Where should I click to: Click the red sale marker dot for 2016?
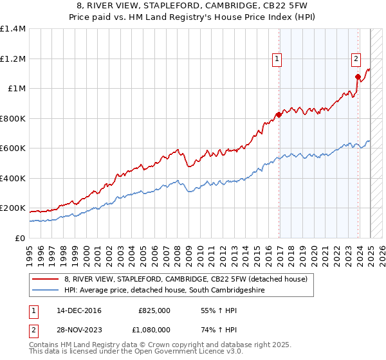(279, 114)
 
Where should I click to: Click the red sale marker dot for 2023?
(358, 76)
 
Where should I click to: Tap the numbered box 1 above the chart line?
(277, 59)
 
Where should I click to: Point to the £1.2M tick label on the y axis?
(13, 59)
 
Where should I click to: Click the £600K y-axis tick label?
(13, 148)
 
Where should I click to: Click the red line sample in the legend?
(46, 279)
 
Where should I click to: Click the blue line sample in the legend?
(46, 291)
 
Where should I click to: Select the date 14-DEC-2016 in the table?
(78, 310)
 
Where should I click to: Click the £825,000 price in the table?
(154, 310)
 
